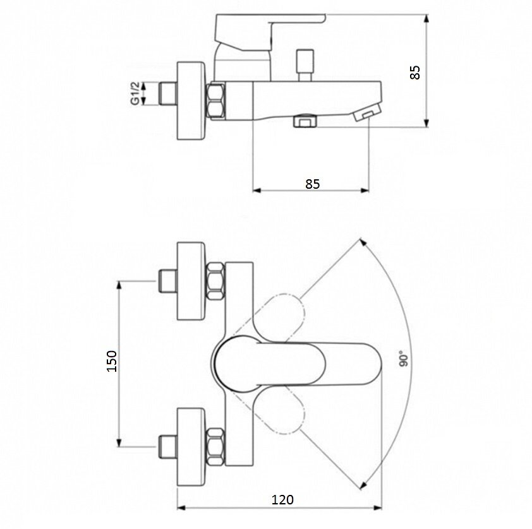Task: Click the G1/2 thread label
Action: point(135,95)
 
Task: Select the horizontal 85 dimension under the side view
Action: point(312,184)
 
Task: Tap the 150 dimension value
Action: point(112,360)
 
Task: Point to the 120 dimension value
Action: point(282,499)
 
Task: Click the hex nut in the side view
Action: point(216,101)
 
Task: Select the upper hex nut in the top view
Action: point(216,282)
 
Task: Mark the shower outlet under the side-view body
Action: point(305,121)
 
